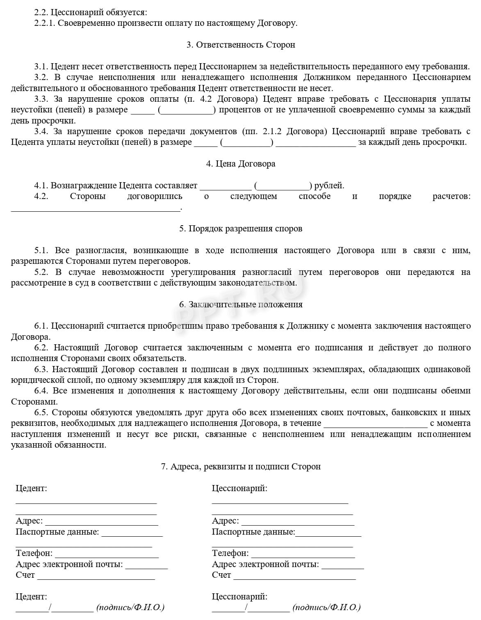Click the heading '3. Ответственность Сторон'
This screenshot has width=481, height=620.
(x=241, y=45)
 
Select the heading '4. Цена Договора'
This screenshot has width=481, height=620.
(x=241, y=164)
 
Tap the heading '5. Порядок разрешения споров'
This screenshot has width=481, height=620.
(x=241, y=229)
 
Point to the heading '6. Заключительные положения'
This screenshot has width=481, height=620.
(x=241, y=304)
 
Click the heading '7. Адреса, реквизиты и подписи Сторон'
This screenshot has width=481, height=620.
(x=241, y=467)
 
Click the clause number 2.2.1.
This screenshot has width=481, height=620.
(x=45, y=23)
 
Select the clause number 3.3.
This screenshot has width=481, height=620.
(x=41, y=99)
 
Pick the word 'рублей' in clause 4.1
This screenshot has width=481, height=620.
(x=328, y=185)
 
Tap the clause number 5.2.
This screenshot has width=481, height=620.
(x=41, y=272)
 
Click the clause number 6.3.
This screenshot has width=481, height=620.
(x=41, y=369)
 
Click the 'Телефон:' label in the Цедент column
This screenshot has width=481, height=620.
(x=34, y=553)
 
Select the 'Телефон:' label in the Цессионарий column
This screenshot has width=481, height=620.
(x=230, y=553)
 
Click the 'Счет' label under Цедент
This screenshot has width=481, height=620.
(x=25, y=575)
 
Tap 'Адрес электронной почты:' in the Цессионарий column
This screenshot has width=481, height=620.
(x=265, y=564)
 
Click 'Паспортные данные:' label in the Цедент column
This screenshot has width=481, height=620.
(x=57, y=532)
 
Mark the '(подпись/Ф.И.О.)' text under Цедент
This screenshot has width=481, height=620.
(x=130, y=607)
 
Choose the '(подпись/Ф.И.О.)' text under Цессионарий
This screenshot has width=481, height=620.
(x=326, y=607)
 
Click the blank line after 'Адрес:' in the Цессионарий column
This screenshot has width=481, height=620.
(x=298, y=524)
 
